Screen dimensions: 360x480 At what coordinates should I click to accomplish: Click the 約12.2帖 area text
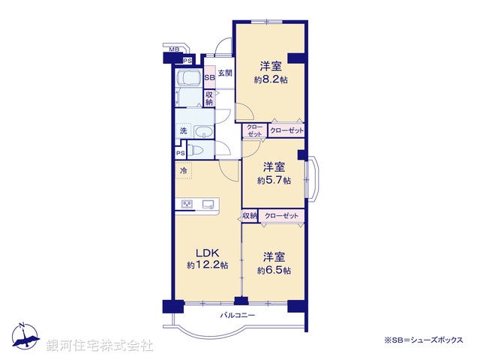[207, 265]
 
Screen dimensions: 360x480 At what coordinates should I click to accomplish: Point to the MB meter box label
[173, 49]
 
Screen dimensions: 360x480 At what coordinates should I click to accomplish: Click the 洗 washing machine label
[183, 131]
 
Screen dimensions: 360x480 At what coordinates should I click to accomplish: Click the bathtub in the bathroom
[188, 78]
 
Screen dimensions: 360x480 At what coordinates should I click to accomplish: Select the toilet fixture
[196, 150]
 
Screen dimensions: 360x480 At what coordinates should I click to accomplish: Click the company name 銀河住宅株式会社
[100, 346]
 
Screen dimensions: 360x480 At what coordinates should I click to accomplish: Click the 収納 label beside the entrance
[209, 98]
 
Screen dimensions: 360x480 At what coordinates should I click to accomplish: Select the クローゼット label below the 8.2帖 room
[286, 130]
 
